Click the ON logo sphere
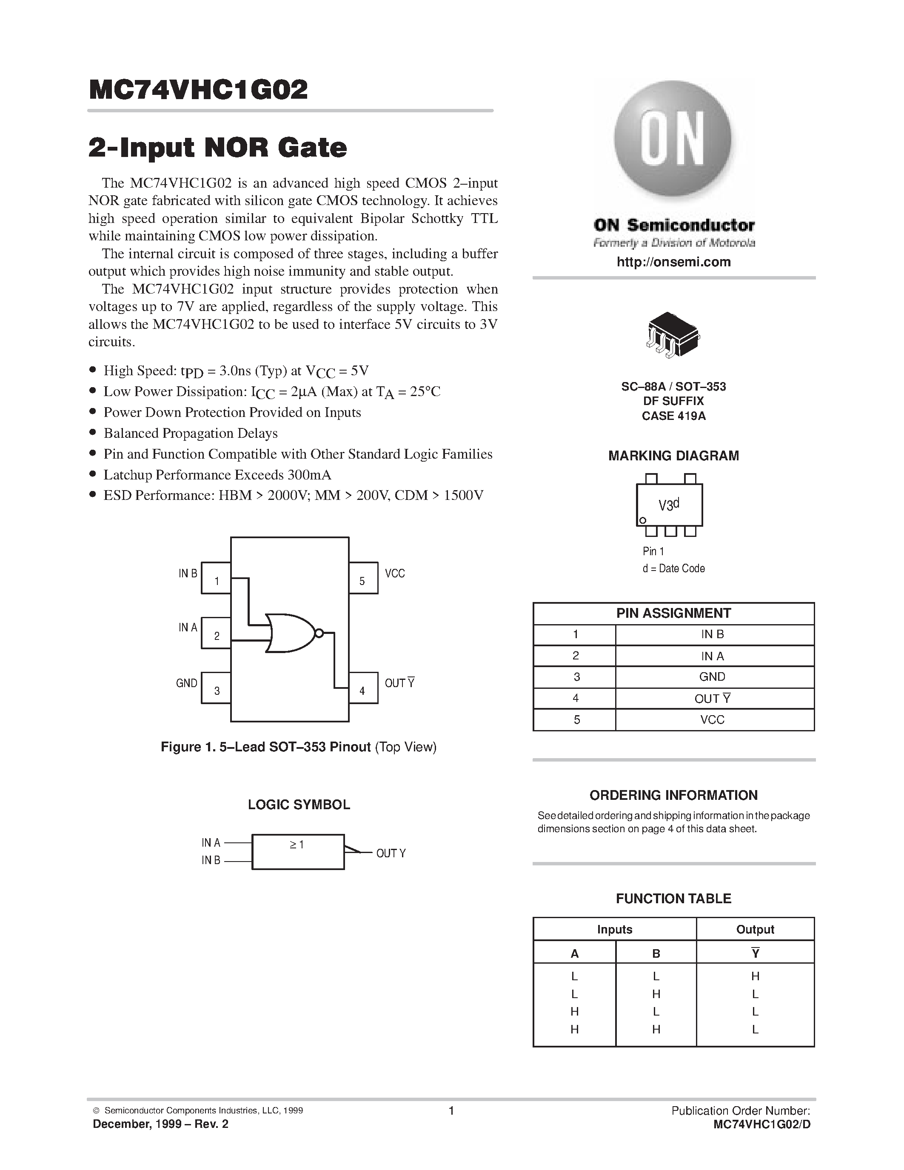pyautogui.click(x=673, y=141)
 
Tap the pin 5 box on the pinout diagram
pyautogui.click(x=363, y=578)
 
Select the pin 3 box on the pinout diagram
pyautogui.click(x=216, y=688)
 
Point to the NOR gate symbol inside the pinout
pyautogui.click(x=290, y=633)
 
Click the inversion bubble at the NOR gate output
pyautogui.click(x=319, y=633)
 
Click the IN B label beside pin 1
pyautogui.click(x=188, y=573)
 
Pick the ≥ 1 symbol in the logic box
pyautogui.click(x=297, y=845)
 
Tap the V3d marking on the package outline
pyautogui.click(x=668, y=505)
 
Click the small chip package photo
pyautogui.click(x=673, y=334)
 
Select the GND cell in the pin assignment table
pyautogui.click(x=712, y=676)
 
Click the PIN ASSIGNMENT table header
pyautogui.click(x=673, y=614)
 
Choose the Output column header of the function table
pyautogui.click(x=755, y=930)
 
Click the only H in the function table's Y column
pyautogui.click(x=755, y=976)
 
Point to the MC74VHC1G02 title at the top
pyautogui.click(x=198, y=90)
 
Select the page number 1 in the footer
pyautogui.click(x=451, y=1110)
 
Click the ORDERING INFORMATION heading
pyautogui.click(x=673, y=795)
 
